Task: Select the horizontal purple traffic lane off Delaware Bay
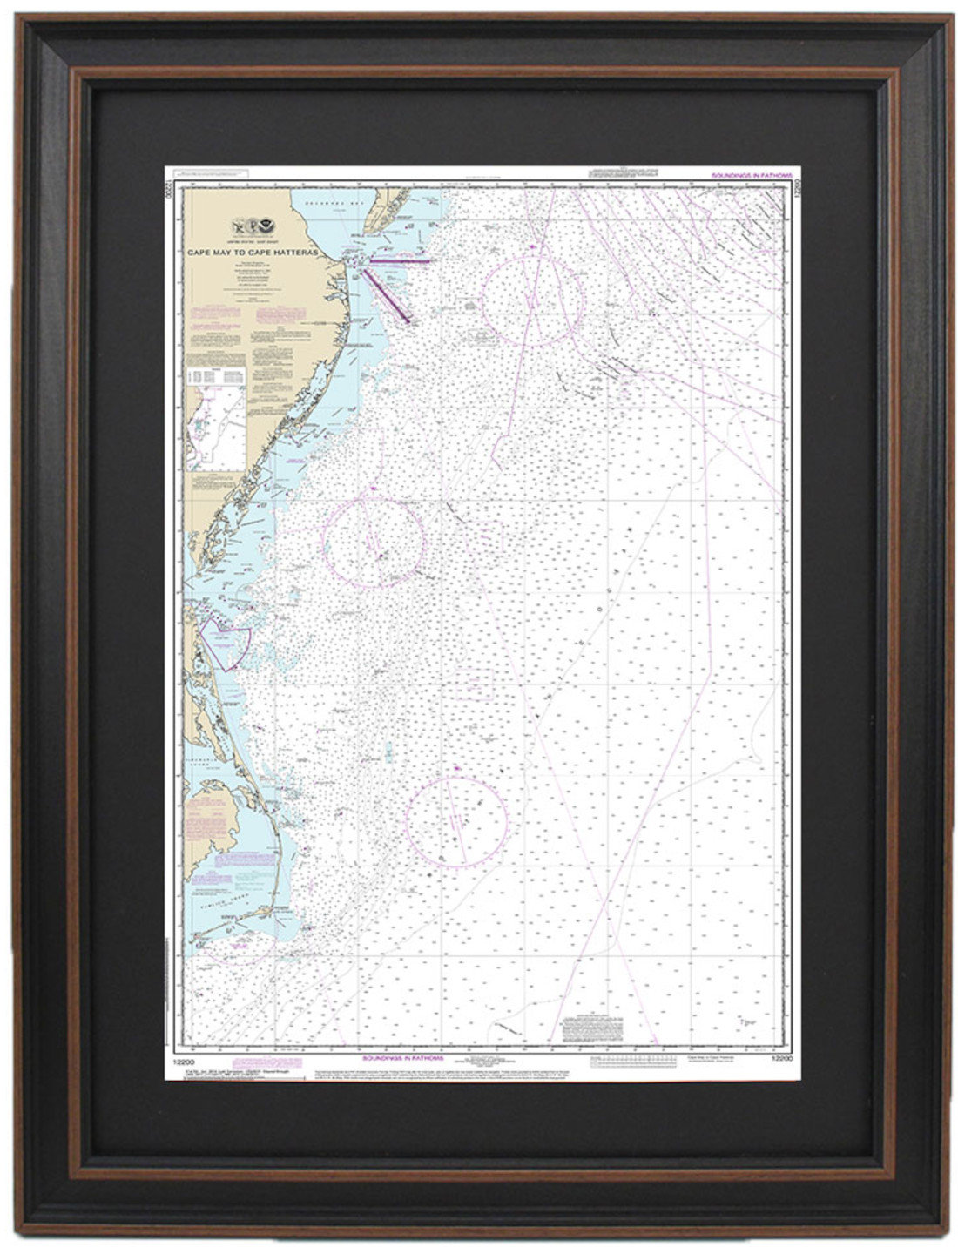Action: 402,259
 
